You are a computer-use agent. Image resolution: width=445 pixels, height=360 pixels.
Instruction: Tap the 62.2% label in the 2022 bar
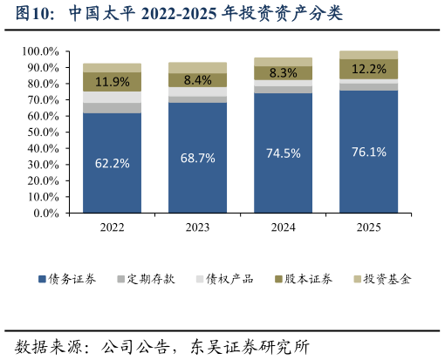coord(112,162)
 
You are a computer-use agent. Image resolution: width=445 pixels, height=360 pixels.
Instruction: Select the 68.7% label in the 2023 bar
coord(197,158)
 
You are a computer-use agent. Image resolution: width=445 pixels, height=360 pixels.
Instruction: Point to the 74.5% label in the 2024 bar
coord(283,153)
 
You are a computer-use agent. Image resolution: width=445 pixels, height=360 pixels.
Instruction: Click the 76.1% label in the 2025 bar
coord(368,152)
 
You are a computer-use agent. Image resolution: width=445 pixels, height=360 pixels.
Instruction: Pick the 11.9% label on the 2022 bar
coord(112,82)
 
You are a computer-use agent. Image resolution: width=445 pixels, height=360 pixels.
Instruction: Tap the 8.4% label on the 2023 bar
coord(197,80)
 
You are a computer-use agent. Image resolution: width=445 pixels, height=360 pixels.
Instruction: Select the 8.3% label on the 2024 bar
coord(283,73)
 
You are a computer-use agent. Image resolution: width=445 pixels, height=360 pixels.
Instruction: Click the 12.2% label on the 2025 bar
coord(368,69)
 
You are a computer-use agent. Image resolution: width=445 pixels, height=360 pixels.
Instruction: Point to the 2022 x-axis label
coord(112,227)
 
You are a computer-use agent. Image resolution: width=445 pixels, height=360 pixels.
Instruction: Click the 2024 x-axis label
coord(283,227)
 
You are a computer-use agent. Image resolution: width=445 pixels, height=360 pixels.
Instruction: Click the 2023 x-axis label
coord(197,227)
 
